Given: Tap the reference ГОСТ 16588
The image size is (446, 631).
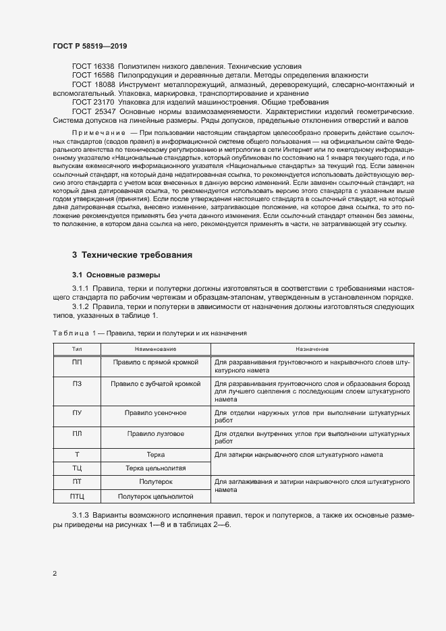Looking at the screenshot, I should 94,75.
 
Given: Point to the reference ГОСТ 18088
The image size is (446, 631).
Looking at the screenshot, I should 94,84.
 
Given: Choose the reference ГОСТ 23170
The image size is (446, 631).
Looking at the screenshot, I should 94,102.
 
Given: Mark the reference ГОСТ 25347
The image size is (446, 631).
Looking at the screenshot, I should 94,111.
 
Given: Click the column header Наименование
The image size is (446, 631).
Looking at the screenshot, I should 155,349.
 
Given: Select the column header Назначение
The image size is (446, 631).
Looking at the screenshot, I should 311,349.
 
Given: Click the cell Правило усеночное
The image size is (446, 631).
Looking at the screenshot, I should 155,412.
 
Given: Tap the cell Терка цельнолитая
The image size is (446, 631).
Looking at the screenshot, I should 155,468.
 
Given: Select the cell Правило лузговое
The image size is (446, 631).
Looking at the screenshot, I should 155,433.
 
